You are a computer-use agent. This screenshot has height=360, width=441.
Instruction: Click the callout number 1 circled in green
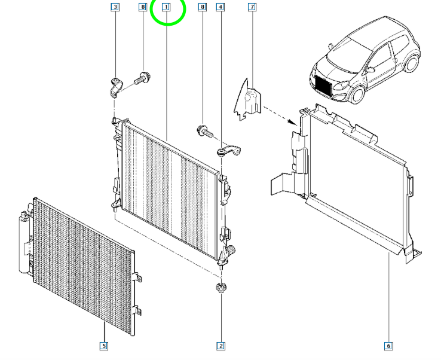coord(166,7)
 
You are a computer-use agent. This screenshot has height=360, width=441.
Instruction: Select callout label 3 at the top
coord(115,7)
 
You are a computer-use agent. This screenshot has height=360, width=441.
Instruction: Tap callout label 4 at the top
coord(220,7)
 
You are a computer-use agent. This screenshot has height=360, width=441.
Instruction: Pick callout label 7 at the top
coord(252,7)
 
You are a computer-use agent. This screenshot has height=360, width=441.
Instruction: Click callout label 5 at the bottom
coord(104,346)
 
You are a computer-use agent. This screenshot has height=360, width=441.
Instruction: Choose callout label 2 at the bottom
coord(220,346)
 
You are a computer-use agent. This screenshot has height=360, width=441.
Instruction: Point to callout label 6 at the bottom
coord(388,346)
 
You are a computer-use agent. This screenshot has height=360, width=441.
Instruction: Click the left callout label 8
coord(143,7)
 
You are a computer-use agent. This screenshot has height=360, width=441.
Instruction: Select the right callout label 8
coord(202,7)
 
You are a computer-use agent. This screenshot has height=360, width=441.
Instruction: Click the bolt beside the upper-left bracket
coord(142,78)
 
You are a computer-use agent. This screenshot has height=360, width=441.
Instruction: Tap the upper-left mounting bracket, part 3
coord(115,87)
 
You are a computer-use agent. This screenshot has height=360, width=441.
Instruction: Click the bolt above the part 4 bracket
coord(205,130)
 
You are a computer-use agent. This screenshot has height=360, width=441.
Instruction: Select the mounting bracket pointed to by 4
coord(229,151)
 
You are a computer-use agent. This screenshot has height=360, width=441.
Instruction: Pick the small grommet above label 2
coord(220,288)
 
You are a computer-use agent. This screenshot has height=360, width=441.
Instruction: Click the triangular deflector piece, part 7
coord(248,100)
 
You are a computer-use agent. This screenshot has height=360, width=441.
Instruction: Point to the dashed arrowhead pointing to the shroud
coord(293,122)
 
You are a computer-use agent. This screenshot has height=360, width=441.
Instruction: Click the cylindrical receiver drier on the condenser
coord(24,243)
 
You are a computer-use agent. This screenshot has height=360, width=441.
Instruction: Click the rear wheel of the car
coord(411,63)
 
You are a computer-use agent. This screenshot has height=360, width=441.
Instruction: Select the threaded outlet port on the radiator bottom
coord(231,249)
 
